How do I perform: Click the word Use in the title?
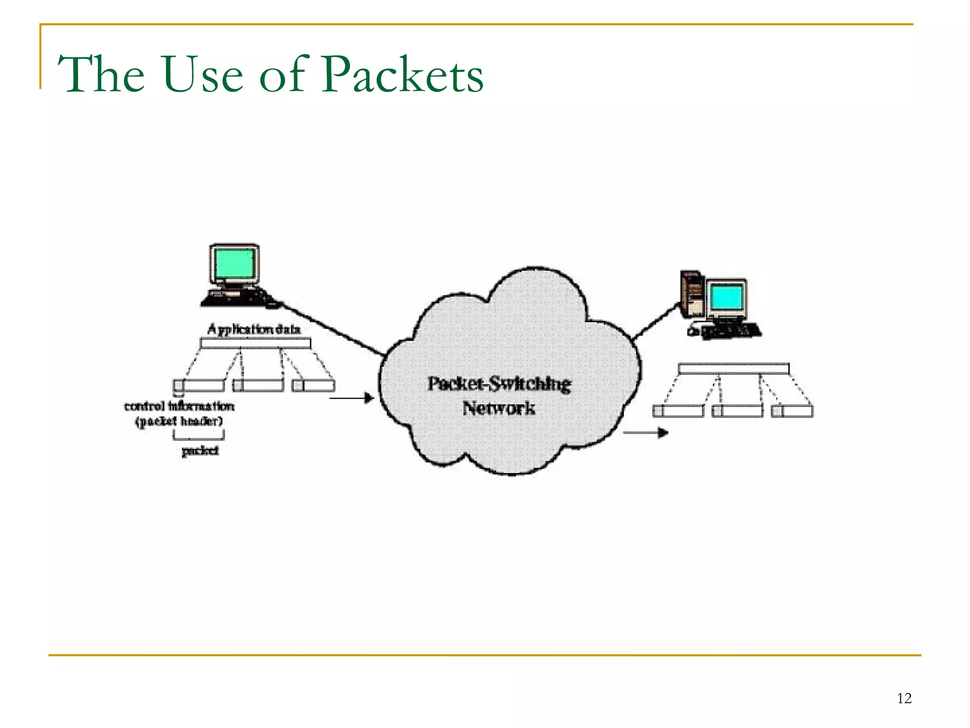[203, 75]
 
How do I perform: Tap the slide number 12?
[904, 698]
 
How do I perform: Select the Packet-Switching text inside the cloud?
[499, 384]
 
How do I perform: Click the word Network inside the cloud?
[499, 408]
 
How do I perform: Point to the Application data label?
[254, 329]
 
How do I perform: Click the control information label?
[179, 406]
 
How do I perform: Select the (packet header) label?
[179, 421]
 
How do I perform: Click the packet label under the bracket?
[200, 450]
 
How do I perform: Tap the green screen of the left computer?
[234, 265]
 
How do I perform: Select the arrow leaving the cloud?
[645, 432]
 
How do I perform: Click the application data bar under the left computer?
[255, 343]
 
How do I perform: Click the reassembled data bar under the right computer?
[734, 368]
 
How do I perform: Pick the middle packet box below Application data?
[259, 385]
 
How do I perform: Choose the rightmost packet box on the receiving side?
[792, 411]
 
